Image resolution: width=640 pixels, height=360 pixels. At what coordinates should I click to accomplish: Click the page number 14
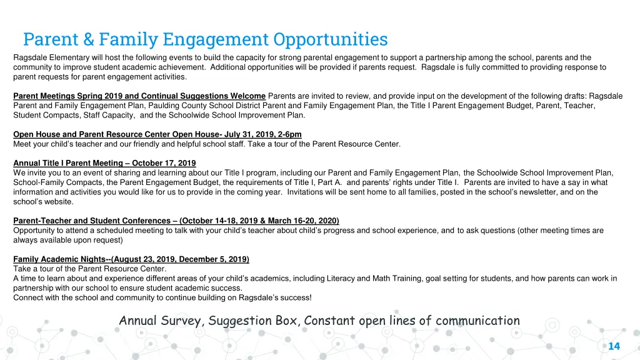[x=614, y=346]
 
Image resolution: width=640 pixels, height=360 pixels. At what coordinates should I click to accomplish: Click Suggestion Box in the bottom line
[x=249, y=321]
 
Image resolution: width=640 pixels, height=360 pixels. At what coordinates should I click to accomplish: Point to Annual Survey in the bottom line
[x=161, y=321]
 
